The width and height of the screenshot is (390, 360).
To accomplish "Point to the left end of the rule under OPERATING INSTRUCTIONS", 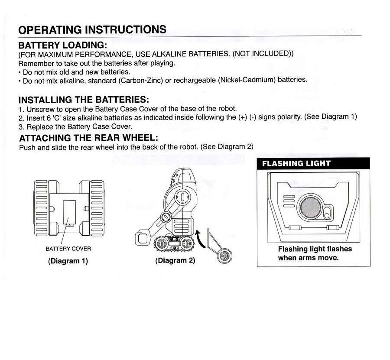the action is click(x=18, y=38).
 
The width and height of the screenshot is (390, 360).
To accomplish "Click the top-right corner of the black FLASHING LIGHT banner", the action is click(x=370, y=158).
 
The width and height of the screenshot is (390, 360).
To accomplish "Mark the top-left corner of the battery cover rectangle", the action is click(x=63, y=201).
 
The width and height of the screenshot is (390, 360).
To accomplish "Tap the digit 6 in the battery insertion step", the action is click(x=49, y=118).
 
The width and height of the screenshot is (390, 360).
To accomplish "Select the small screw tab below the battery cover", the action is click(x=69, y=226).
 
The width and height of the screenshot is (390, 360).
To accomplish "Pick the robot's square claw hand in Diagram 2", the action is click(x=142, y=238).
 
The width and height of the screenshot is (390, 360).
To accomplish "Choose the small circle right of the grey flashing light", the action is click(x=327, y=214).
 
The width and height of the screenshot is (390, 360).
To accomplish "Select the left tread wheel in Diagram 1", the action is click(x=41, y=208).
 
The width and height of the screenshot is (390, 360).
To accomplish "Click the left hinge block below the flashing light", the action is click(x=295, y=228).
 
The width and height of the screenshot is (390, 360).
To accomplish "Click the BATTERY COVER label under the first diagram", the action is click(x=68, y=249).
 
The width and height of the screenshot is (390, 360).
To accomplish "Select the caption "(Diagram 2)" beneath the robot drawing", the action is click(x=175, y=260).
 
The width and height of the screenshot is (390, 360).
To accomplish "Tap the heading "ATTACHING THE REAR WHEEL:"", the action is click(x=88, y=138).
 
